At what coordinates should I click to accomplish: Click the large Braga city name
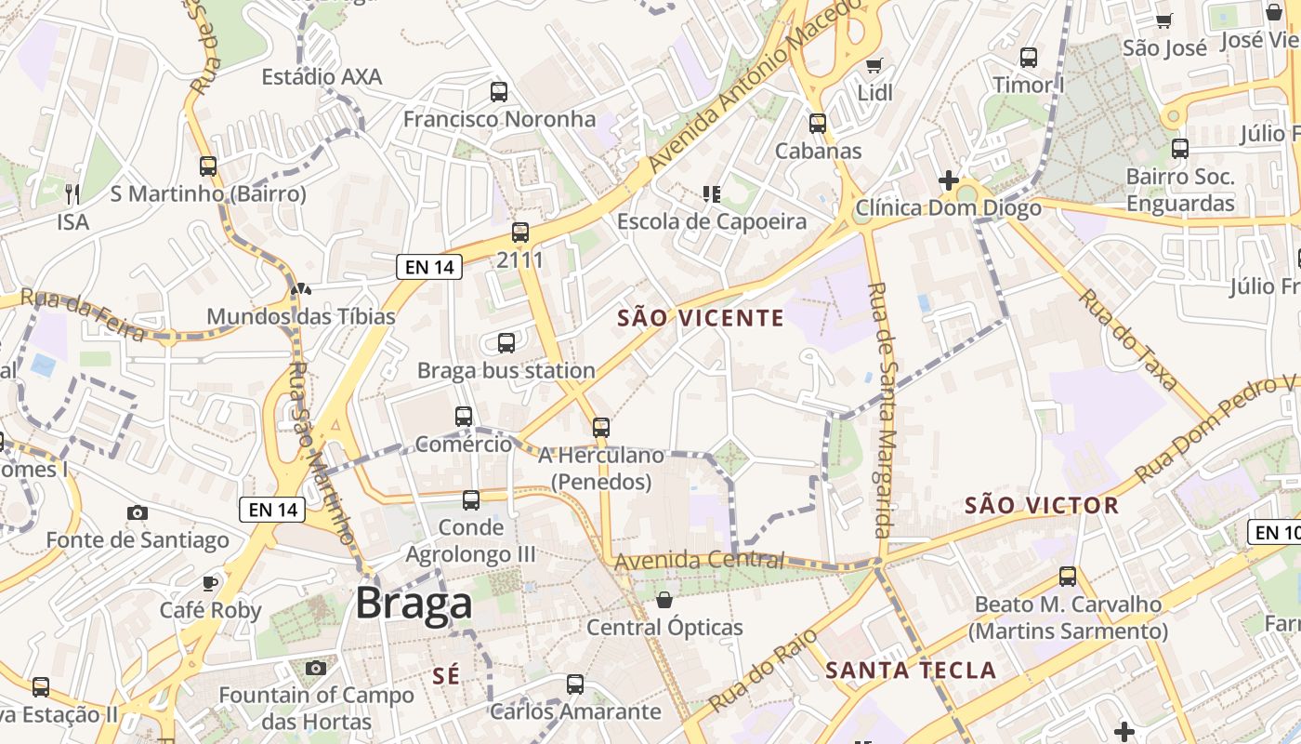[414, 604]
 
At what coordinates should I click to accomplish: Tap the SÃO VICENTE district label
[702, 318]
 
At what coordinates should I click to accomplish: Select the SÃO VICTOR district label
[1042, 505]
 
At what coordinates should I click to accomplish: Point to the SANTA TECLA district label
[911, 670]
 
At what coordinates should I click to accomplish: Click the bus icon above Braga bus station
[506, 343]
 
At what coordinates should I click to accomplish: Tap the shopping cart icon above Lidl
[874, 65]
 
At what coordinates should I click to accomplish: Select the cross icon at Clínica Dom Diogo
[948, 179]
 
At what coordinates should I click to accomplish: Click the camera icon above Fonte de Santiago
[138, 512]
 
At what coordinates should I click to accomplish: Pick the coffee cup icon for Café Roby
[211, 583]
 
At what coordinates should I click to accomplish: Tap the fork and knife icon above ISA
[72, 193]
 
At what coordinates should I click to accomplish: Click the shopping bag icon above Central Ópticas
[664, 600]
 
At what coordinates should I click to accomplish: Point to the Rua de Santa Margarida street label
[879, 409]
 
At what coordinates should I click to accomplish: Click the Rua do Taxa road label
[1128, 339]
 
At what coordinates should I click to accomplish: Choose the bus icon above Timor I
[1029, 58]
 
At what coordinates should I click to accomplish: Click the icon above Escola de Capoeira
[712, 193]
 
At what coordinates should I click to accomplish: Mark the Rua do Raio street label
[762, 670]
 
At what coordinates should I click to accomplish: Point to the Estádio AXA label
[322, 76]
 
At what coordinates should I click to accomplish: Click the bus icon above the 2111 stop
[520, 232]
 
